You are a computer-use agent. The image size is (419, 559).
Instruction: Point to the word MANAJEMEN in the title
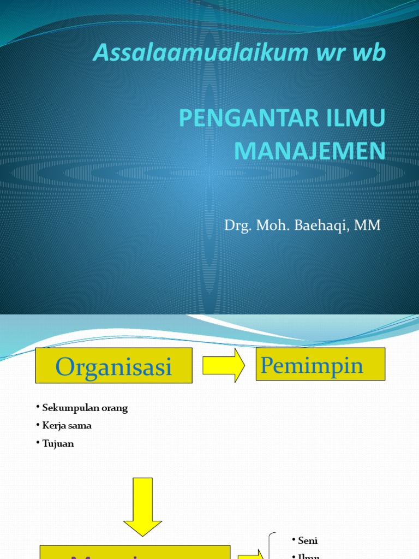tap(309, 151)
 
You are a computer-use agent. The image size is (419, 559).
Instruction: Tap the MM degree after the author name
tap(368, 225)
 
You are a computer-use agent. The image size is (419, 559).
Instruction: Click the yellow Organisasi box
tap(113, 366)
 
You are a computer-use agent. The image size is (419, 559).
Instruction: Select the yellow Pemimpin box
tap(320, 364)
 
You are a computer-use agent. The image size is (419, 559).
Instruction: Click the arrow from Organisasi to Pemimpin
tap(223, 365)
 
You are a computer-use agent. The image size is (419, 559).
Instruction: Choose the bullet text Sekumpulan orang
tap(85, 408)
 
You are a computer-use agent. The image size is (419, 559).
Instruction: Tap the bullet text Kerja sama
tap(67, 426)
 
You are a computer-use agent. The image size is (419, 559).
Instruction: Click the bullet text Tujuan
tap(58, 444)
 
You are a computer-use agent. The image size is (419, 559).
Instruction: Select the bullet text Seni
tap(308, 541)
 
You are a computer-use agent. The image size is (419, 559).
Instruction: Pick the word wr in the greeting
tap(339, 53)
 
